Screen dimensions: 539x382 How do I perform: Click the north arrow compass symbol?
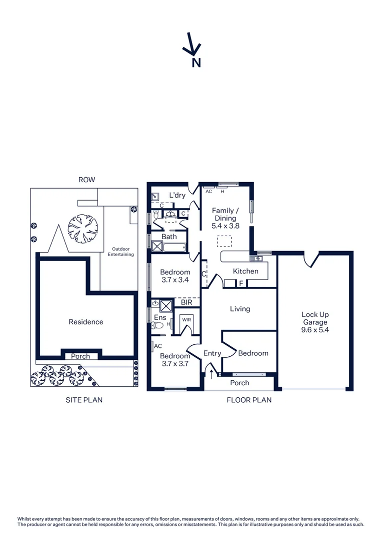192,45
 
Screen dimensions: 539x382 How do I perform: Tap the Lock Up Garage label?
315,322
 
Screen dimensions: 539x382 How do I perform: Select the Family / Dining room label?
225,218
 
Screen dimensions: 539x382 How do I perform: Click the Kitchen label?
246,271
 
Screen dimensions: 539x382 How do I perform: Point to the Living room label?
240,309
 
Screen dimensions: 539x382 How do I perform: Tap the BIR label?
186,302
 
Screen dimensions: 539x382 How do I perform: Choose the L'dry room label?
177,195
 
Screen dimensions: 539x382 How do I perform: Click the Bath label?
169,237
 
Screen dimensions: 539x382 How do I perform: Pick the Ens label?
160,317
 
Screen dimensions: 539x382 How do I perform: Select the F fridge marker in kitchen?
241,283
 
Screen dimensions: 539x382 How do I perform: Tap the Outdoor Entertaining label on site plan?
121,252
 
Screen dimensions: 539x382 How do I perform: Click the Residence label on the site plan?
86,322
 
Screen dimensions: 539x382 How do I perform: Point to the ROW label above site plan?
86,180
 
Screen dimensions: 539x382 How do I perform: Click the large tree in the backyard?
83,229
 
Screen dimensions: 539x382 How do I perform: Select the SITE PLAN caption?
84,400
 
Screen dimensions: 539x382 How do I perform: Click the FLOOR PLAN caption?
249,400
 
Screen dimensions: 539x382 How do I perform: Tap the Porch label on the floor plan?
239,383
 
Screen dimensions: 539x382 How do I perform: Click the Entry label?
212,353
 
